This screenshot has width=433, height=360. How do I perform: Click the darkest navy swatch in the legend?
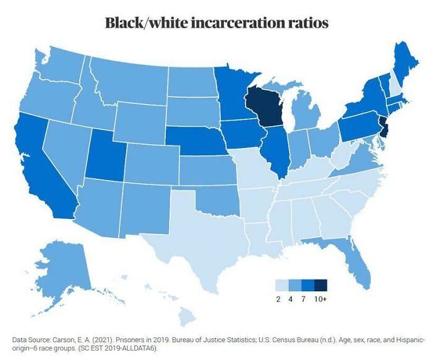tap(320, 285)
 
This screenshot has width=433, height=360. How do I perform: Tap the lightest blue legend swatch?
tap(281, 285)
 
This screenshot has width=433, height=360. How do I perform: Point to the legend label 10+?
tap(320, 299)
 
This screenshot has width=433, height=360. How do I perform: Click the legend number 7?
tap(307, 299)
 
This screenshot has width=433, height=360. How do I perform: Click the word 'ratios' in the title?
tap(305, 23)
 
